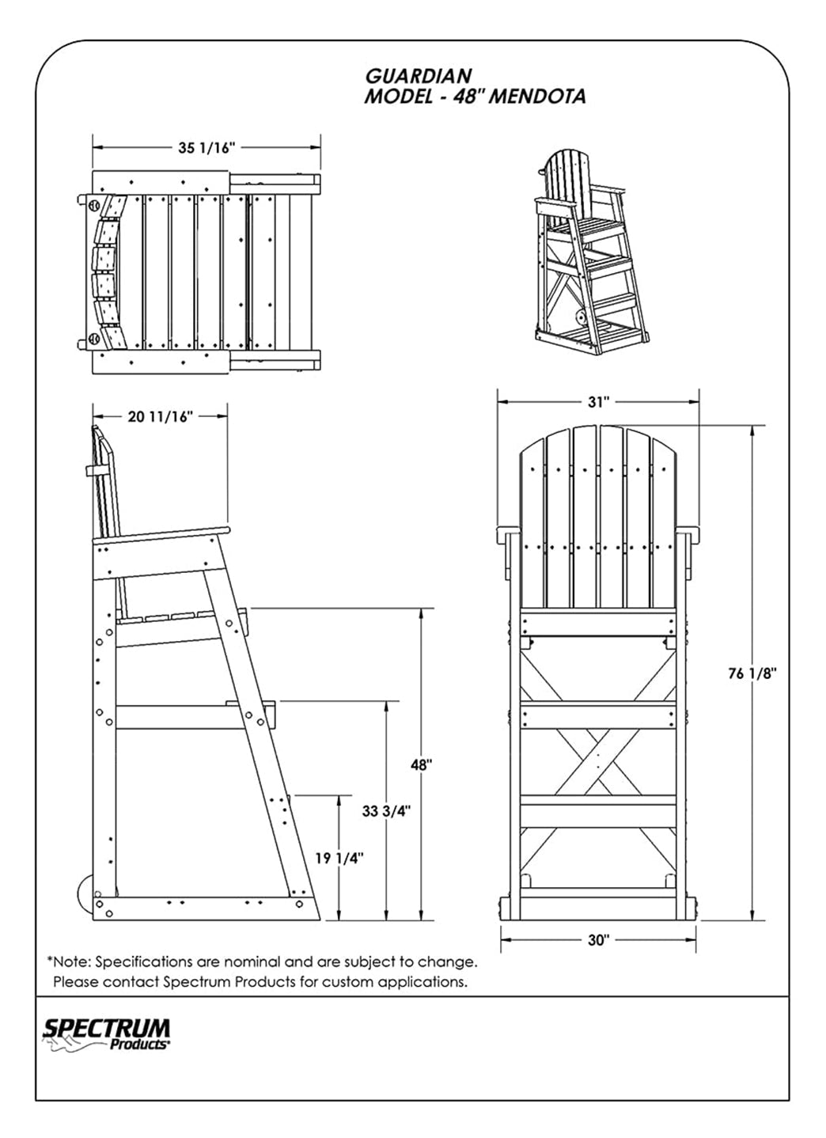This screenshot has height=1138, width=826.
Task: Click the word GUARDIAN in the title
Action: [418, 76]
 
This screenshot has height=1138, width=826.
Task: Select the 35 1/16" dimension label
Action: [206, 147]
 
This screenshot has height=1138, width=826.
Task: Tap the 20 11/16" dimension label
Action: [161, 417]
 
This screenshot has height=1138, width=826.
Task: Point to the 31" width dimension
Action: [599, 402]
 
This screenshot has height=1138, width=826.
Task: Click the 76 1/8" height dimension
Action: [753, 673]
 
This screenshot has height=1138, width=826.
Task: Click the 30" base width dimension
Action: [599, 940]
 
